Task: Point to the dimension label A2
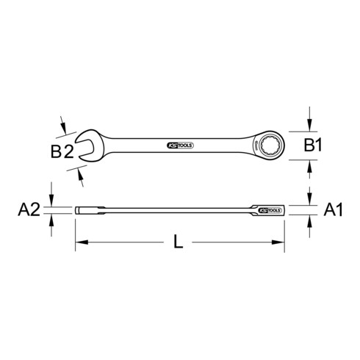tap(29, 211)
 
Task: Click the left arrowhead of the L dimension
tap(80, 241)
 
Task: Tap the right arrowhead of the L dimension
tap(280, 241)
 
